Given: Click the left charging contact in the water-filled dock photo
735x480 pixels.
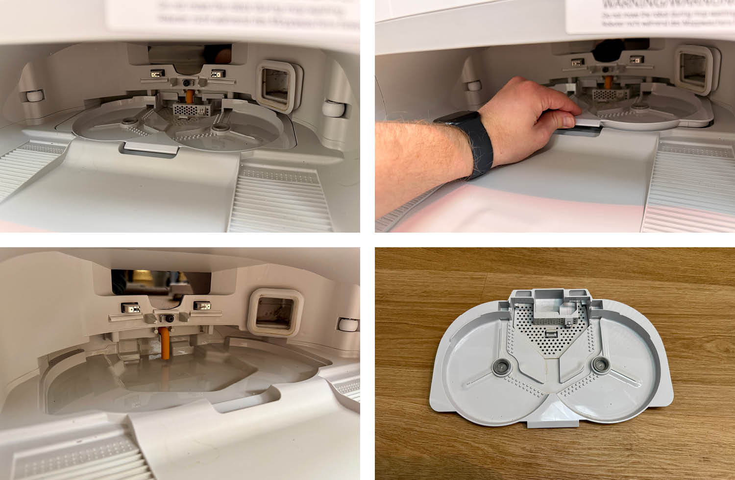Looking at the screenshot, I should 130,308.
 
